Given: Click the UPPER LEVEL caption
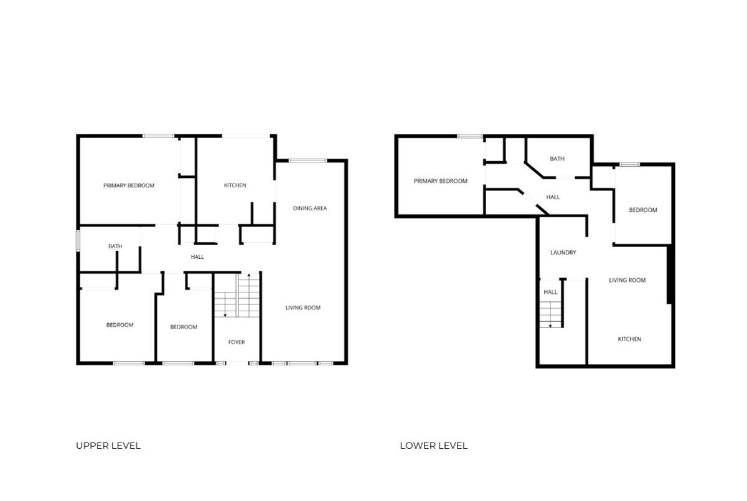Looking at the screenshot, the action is [108, 446].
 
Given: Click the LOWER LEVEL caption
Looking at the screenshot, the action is [433, 446].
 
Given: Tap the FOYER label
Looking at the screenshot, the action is [237, 342].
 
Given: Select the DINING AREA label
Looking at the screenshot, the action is [310, 208].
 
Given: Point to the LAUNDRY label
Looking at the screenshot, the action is [563, 253].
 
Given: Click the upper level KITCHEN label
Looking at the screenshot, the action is [235, 185].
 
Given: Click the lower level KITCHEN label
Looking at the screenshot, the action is [629, 339].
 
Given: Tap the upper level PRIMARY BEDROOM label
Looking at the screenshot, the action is [129, 185].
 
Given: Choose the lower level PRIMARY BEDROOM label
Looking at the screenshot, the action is [440, 181].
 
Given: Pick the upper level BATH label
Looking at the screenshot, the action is [115, 246].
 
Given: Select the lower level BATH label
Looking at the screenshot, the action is [557, 159].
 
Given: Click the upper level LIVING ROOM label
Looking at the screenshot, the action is [303, 307].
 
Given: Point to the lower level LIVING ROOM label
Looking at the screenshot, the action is [627, 280].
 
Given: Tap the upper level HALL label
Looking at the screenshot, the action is [197, 257].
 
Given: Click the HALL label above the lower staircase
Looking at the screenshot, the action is [550, 293].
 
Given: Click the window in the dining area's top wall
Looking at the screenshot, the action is [308, 161].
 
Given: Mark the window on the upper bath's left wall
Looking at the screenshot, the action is [78, 241].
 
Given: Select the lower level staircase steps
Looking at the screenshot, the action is [550, 314].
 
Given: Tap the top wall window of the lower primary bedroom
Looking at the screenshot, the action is [469, 136].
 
